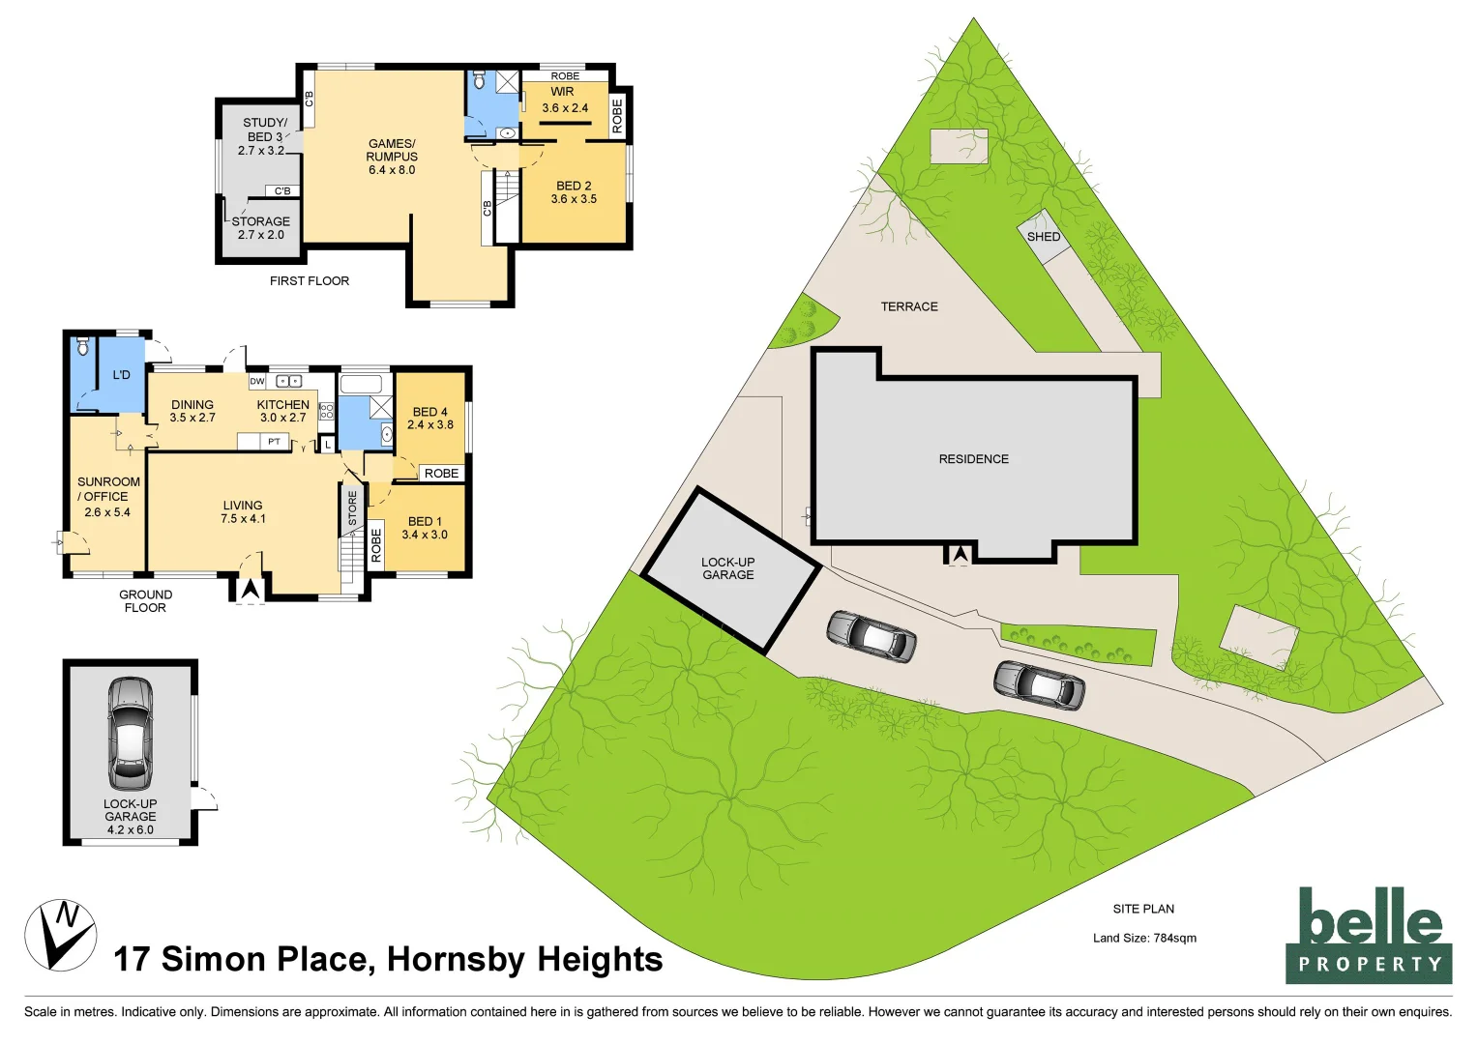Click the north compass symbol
point(60,935)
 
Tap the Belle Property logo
point(1368,936)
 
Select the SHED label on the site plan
point(1043,237)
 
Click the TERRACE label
point(908,306)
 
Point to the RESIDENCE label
point(973,459)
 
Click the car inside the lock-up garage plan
point(130,733)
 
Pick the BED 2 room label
point(574,192)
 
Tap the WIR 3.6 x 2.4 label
point(564,101)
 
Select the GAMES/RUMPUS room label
point(392,157)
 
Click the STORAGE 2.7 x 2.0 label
point(261,228)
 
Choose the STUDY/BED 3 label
point(263,136)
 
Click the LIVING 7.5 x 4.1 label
point(243,512)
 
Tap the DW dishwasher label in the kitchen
point(257,382)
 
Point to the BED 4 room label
point(429,418)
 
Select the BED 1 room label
point(425,528)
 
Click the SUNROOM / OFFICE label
point(107,496)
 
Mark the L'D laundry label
point(121,375)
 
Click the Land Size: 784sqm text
point(1144,938)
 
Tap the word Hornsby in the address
point(455,959)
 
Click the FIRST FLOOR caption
point(310,281)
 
